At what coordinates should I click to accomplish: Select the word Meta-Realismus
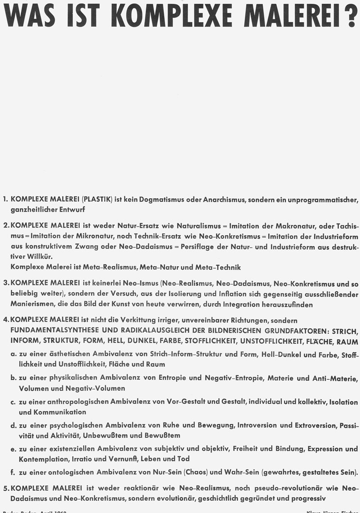118,267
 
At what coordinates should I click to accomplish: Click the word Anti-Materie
335,377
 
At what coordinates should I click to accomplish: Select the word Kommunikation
53,412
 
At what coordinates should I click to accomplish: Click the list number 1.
5,199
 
